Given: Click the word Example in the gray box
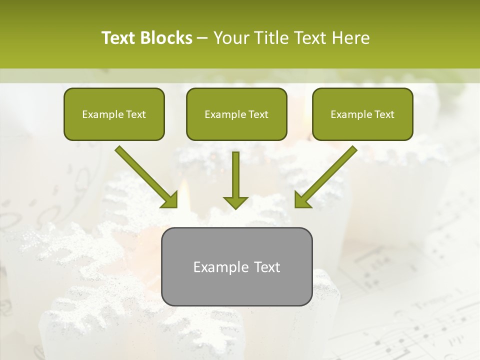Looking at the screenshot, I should (217, 267).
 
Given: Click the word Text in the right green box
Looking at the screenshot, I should (384, 114).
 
